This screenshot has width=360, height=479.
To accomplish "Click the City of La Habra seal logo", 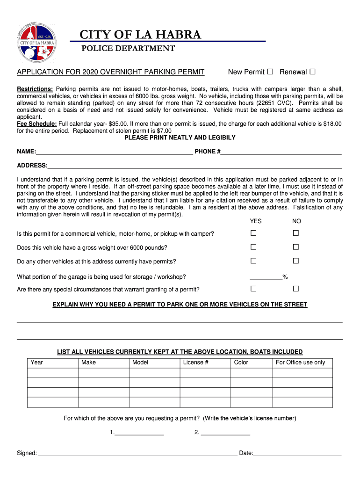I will coord(37,42).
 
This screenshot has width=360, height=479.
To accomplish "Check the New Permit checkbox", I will coord(270,72).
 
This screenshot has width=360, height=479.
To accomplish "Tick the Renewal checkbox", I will coord(312,72).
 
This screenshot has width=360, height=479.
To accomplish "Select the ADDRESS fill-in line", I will coord(194,167).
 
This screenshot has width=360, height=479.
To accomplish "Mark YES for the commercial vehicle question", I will coord(253,233).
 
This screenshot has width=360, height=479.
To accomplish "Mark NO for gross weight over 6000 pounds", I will coord(295,247).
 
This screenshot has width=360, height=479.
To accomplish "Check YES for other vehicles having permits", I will coord(253,261).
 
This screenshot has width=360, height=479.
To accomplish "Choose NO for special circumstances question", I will coord(295,289).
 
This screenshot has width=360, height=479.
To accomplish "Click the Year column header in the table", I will coord(52,363).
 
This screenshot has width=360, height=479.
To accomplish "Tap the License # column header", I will coord(205,363).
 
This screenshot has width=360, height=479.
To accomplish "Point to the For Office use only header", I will coord(302,363).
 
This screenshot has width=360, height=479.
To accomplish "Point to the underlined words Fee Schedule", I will coord(37,123).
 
